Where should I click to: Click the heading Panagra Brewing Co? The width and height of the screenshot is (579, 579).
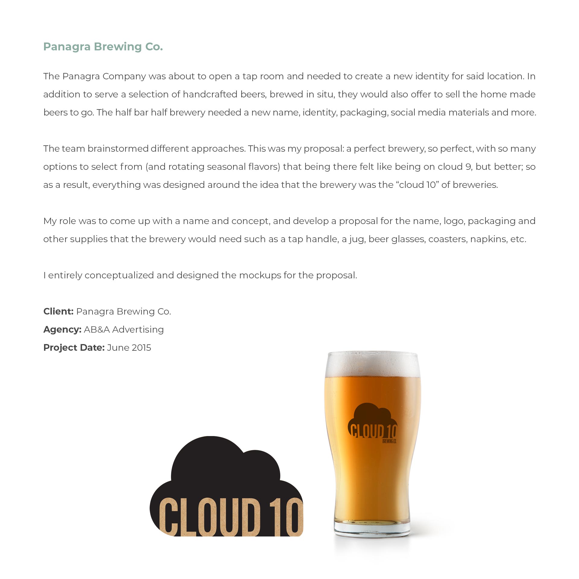tap(103, 47)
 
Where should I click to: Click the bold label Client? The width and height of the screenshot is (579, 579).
tap(58, 311)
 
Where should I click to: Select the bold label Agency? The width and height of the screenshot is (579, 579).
tap(62, 329)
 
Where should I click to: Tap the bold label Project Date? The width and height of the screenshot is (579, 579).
tap(74, 347)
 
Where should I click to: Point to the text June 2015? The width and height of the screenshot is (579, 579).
tap(129, 347)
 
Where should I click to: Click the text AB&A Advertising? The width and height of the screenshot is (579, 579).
tap(124, 329)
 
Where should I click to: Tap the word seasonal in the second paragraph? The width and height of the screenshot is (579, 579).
tap(226, 167)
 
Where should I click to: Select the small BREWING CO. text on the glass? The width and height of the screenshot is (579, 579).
tap(389, 441)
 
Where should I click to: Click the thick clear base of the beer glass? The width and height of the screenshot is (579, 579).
tap(372, 528)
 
